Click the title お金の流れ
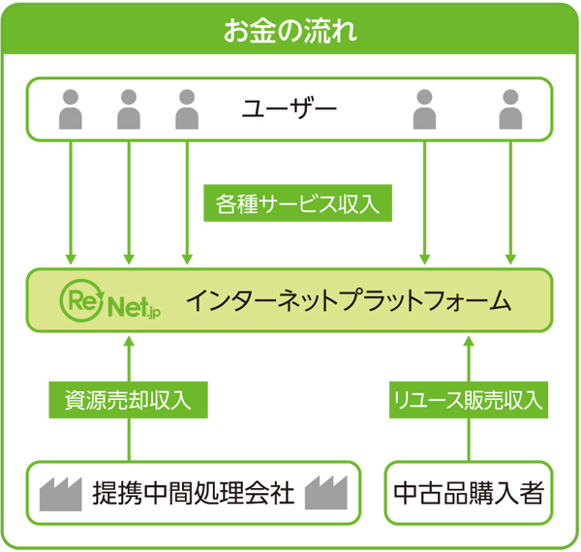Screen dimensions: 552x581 coord(290,28)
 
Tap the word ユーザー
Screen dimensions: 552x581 coord(290,107)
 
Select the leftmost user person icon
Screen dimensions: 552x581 coord(71,109)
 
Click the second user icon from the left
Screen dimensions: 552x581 coord(129,109)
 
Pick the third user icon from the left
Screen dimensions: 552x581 coord(187,109)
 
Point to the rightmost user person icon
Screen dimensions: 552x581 coord(510,109)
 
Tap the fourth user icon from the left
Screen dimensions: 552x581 coord(424,109)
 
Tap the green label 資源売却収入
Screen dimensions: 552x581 coord(129,398)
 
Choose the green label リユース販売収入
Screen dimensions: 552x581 coord(468,398)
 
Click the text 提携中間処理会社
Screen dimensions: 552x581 coord(193,493)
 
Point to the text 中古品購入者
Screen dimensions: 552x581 coord(469,493)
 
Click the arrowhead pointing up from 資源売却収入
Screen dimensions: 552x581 coord(129,341)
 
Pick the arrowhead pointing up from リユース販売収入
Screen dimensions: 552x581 coord(469,341)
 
